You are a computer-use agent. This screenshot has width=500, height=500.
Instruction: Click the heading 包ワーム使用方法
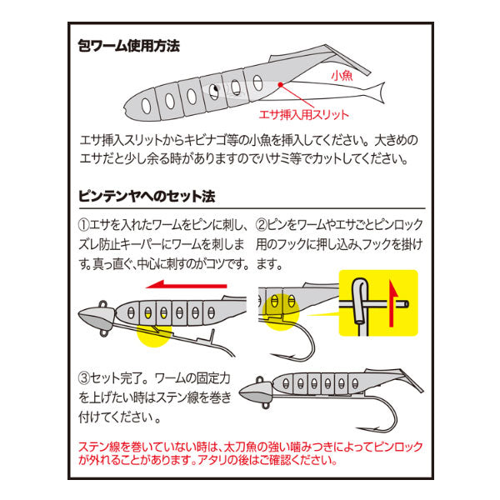(x=127, y=46)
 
